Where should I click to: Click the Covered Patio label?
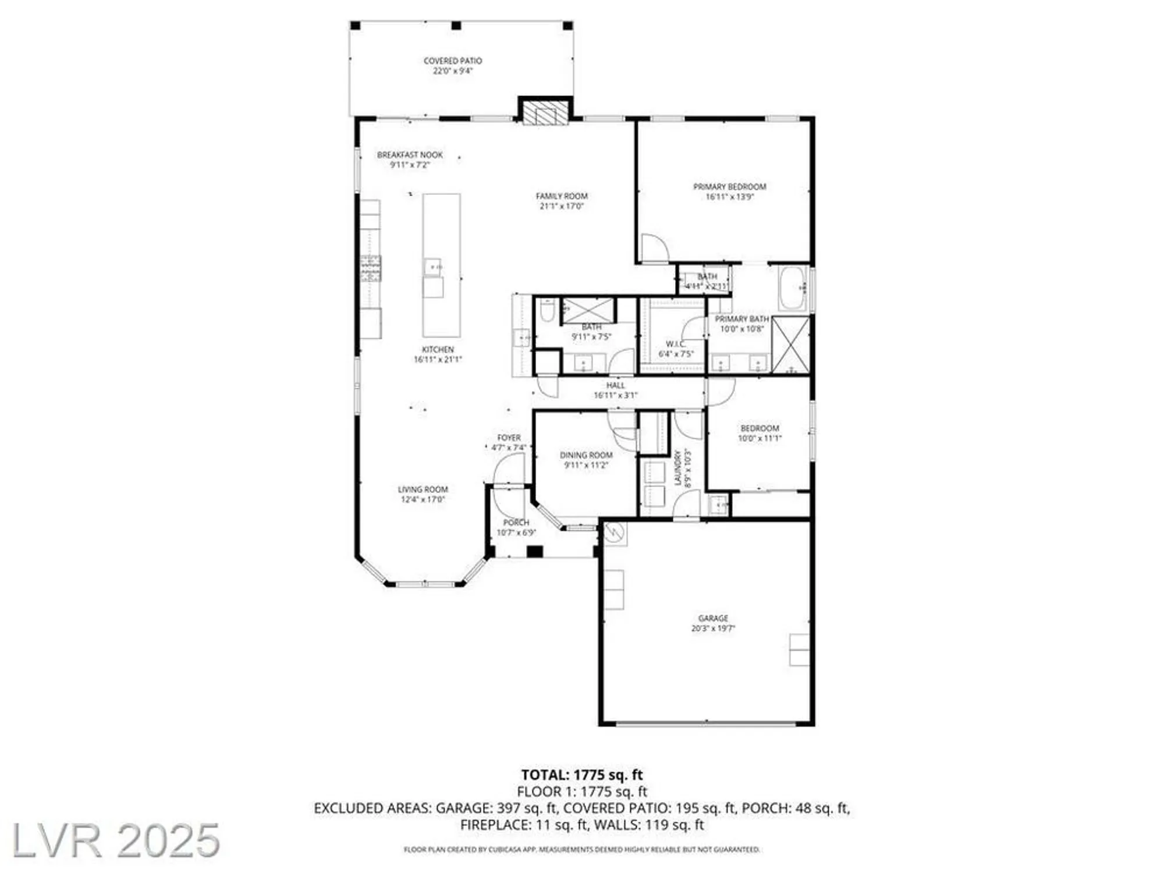point(452,61)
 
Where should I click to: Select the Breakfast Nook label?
point(410,155)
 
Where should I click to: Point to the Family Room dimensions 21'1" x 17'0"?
point(562,206)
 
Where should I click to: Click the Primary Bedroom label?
point(729,187)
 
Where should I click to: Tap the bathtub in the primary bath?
point(793,288)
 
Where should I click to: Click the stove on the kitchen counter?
point(370,268)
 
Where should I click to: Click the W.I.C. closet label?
point(676,344)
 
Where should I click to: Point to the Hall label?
point(615,385)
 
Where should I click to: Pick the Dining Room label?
point(586,455)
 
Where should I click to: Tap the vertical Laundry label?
point(677,467)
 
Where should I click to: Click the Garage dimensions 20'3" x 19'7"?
point(713,629)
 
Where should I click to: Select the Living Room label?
point(423,489)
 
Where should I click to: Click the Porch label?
point(516,523)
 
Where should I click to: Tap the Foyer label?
point(509,438)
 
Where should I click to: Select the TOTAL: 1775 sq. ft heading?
point(581,775)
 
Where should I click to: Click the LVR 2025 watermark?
point(115,840)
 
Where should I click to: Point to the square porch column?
point(534,551)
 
